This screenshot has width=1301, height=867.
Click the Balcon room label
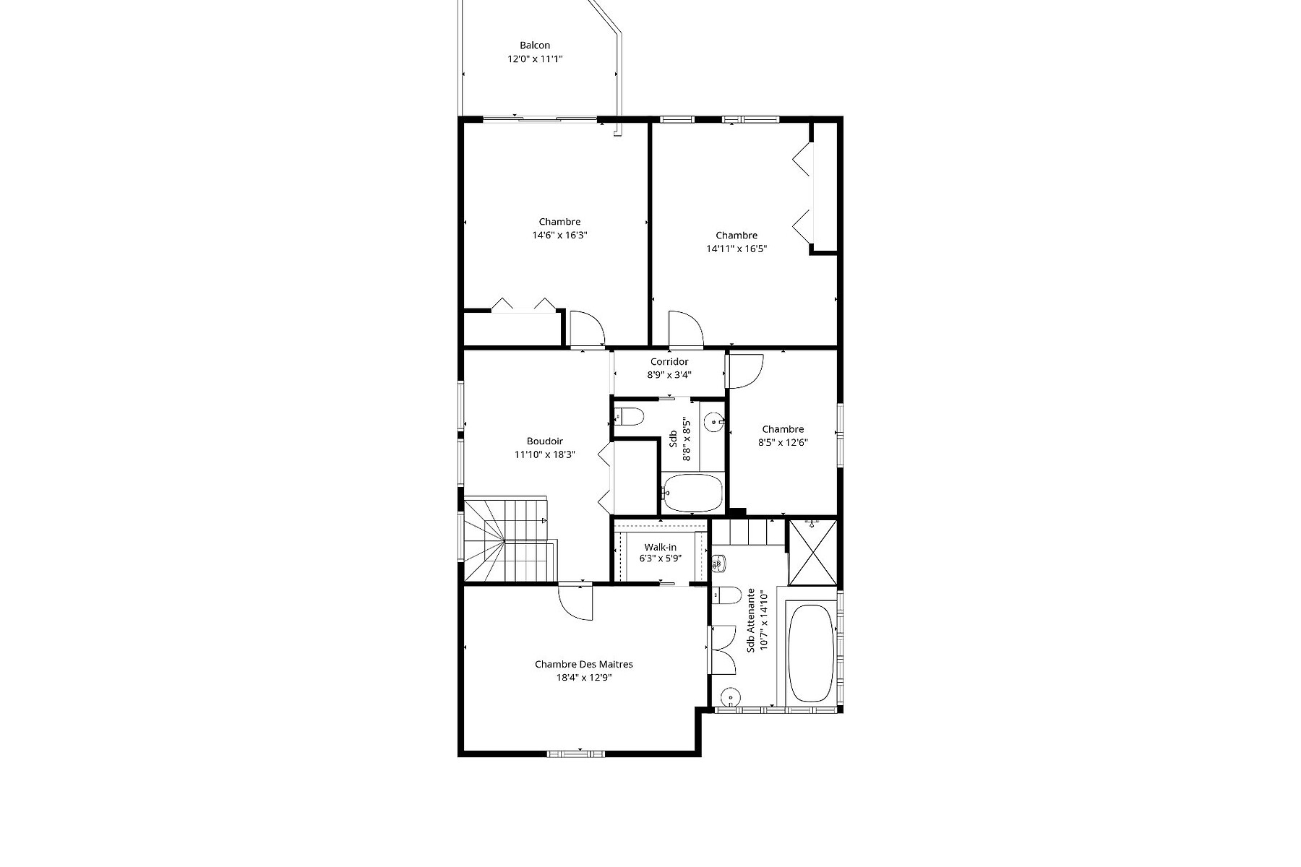(535, 46)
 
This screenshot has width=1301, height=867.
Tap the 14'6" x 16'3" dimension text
(559, 235)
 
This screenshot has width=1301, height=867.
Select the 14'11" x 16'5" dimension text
(737, 249)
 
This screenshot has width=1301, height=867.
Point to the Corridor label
(669, 361)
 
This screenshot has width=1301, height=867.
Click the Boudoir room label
(545, 441)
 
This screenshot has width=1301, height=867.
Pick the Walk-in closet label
(661, 548)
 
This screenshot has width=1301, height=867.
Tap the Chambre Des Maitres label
(584, 665)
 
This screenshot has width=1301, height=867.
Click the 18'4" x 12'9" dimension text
(584, 678)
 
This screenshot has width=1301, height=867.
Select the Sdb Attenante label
(751, 620)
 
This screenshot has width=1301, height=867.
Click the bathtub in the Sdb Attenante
(810, 653)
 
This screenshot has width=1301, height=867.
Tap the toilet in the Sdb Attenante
(726, 595)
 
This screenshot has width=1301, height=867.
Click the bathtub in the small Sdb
(692, 492)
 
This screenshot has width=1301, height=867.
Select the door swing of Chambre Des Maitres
(575, 602)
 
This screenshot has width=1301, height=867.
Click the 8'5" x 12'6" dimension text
(783, 442)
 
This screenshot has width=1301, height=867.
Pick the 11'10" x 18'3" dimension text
(545, 454)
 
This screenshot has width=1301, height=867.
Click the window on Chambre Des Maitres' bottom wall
(576, 754)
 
